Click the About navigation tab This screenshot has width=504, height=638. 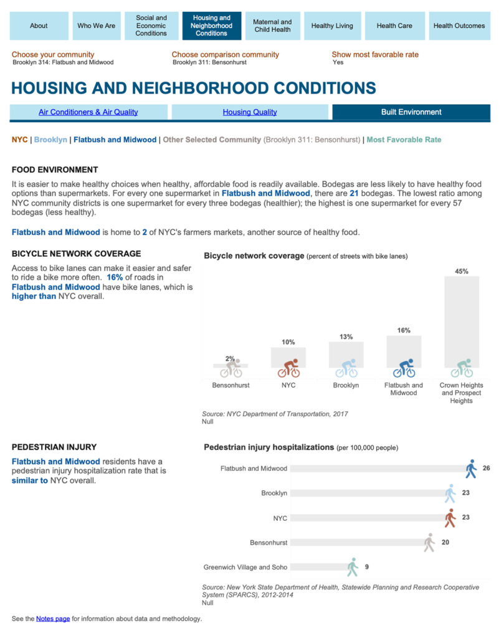click(39, 26)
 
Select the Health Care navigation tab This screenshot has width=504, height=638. click(394, 26)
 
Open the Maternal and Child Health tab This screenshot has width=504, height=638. click(272, 26)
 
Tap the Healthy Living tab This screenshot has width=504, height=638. click(332, 26)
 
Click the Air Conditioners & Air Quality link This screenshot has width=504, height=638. click(88, 112)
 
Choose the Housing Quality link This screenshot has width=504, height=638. click(250, 112)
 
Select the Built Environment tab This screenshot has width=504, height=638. click(411, 112)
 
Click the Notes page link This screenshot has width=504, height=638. click(53, 619)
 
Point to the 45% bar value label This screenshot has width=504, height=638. click(462, 272)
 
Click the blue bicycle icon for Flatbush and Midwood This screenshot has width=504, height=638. click(404, 368)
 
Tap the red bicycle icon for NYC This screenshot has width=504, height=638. click(288, 368)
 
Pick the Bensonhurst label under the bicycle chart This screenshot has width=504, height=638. click(231, 386)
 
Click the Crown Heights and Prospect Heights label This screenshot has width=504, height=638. click(461, 393)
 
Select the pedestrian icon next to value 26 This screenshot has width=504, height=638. click(471, 469)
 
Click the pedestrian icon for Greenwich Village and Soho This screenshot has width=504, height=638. click(353, 567)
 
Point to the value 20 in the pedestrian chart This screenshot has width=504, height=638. click(445, 542)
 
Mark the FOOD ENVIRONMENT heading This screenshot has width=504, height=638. click(55, 169)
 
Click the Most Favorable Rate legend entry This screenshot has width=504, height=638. click(404, 140)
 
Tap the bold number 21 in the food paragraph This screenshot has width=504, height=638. click(354, 194)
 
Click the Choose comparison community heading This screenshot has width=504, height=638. click(226, 55)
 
